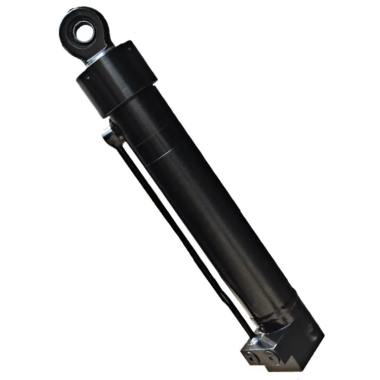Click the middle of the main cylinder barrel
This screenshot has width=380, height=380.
click(x=203, y=203)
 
